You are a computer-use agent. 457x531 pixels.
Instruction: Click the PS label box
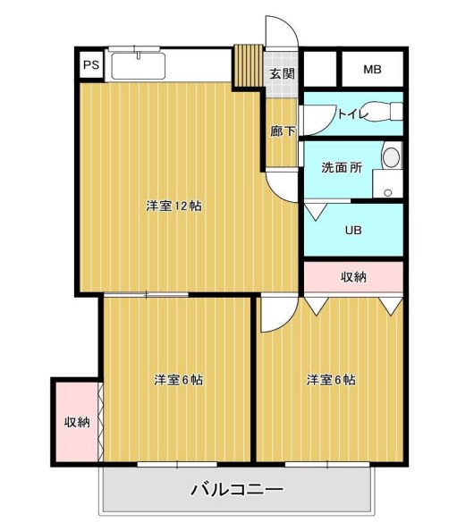click(x=90, y=65)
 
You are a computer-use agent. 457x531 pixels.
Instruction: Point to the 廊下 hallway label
click(x=283, y=131)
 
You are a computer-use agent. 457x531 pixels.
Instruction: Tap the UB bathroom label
click(x=353, y=229)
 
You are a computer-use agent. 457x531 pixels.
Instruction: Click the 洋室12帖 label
click(x=173, y=206)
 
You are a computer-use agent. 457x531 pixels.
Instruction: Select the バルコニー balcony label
click(x=236, y=490)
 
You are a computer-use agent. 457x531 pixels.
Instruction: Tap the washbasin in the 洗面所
click(x=390, y=157)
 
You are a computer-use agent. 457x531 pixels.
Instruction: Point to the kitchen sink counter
click(x=138, y=65)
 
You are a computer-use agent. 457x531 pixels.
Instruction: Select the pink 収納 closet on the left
click(x=76, y=422)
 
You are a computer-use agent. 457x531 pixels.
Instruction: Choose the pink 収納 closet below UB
click(x=353, y=276)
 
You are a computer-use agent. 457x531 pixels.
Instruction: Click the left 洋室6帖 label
click(x=177, y=380)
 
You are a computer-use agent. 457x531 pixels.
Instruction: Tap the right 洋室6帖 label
click(x=331, y=380)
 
